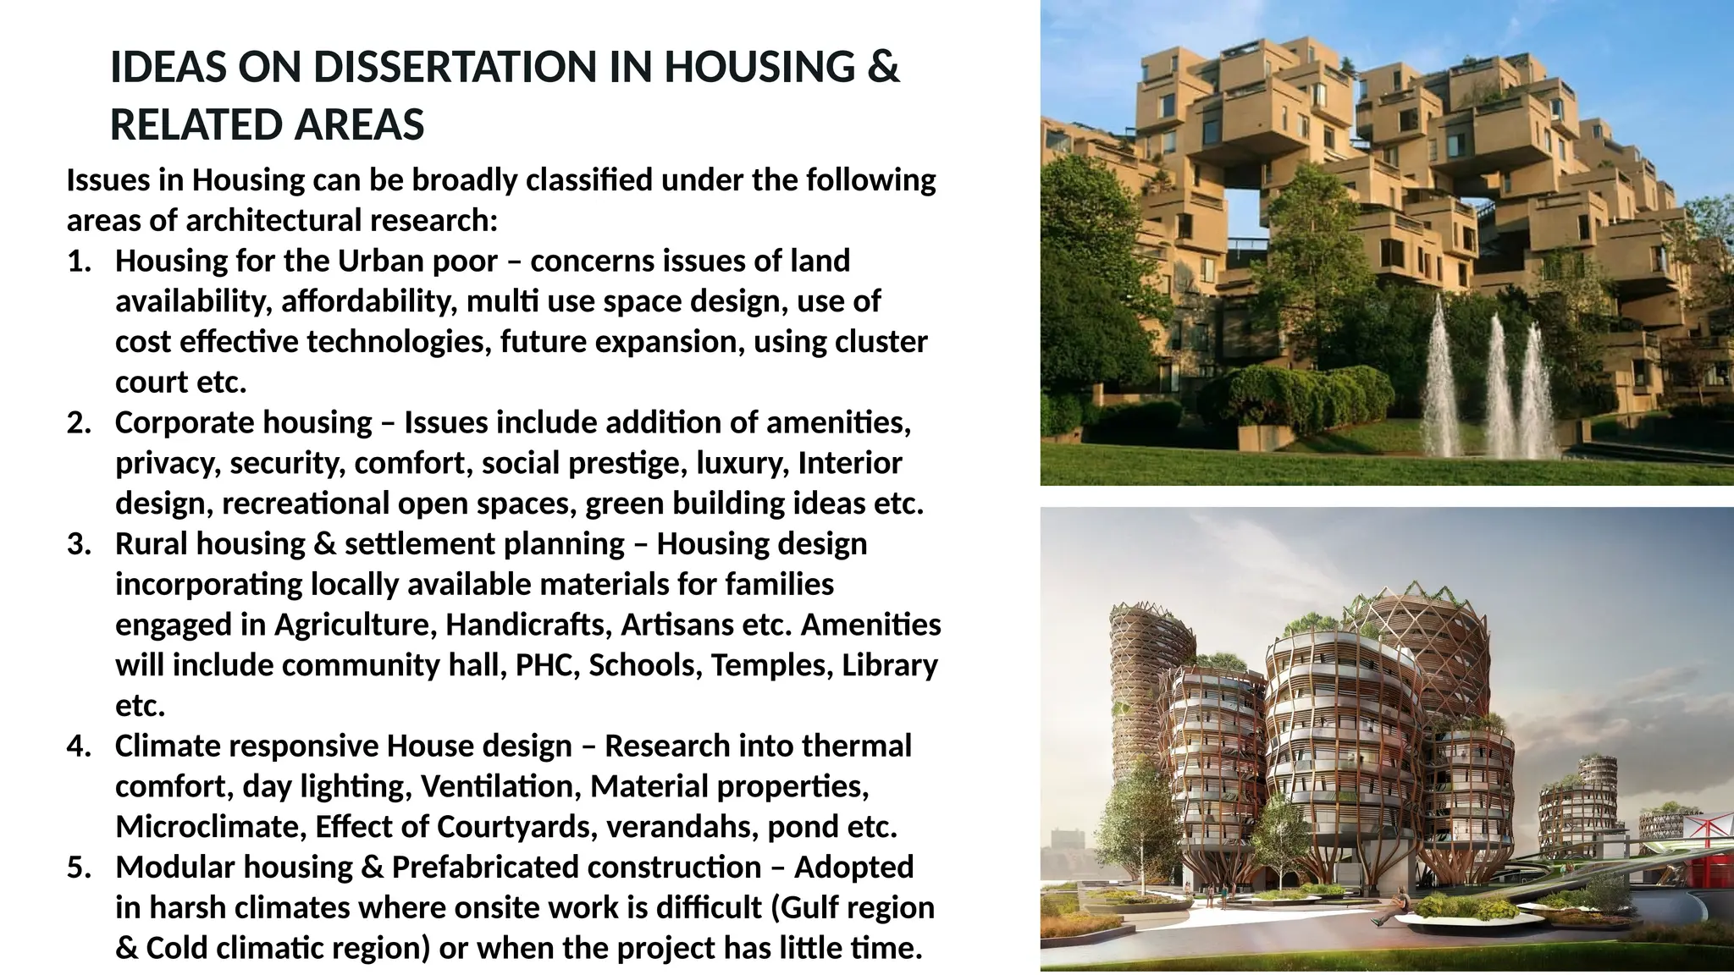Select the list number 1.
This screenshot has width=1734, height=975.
point(78,262)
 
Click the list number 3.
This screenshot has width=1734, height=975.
point(78,544)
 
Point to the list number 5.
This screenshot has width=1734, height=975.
point(78,868)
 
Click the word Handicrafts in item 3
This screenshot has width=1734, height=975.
point(528,625)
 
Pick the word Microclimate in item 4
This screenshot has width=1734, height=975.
point(212,827)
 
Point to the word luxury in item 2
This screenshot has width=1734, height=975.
point(743,464)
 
